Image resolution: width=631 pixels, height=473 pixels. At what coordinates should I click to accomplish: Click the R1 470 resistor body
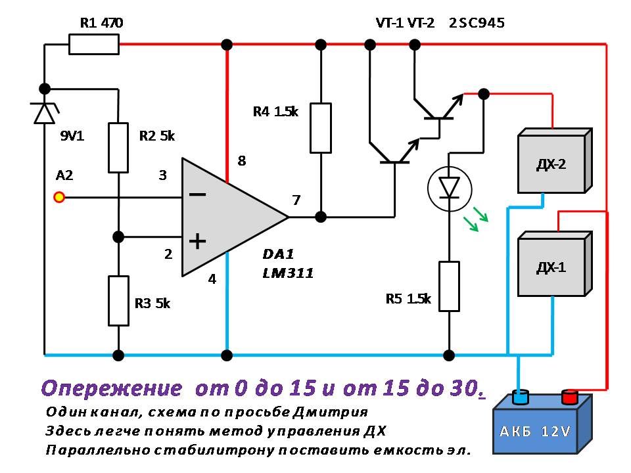click(x=94, y=45)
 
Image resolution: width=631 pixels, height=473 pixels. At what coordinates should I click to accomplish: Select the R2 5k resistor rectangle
click(x=118, y=148)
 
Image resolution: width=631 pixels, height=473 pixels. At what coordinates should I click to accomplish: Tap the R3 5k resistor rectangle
click(x=118, y=301)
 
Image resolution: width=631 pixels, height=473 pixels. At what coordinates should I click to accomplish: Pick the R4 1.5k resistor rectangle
click(x=321, y=127)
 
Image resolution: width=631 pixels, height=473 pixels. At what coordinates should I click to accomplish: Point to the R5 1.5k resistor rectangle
click(x=449, y=286)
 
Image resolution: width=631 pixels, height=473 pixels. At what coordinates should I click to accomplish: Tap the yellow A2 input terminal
click(x=59, y=196)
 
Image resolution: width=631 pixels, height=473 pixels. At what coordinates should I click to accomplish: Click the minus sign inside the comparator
click(x=197, y=195)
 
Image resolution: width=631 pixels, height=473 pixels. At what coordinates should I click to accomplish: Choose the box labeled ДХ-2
click(x=551, y=164)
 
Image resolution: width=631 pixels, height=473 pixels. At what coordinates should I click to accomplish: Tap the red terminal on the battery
click(x=569, y=396)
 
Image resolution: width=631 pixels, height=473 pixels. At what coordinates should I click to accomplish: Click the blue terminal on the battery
click(x=521, y=397)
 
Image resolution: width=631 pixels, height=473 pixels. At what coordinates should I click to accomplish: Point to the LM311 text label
click(x=287, y=273)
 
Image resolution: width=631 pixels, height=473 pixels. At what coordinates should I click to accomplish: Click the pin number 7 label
click(x=296, y=200)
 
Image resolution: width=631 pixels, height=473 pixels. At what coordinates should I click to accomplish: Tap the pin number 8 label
click(x=241, y=160)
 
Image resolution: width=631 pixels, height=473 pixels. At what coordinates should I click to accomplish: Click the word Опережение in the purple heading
click(x=112, y=388)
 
